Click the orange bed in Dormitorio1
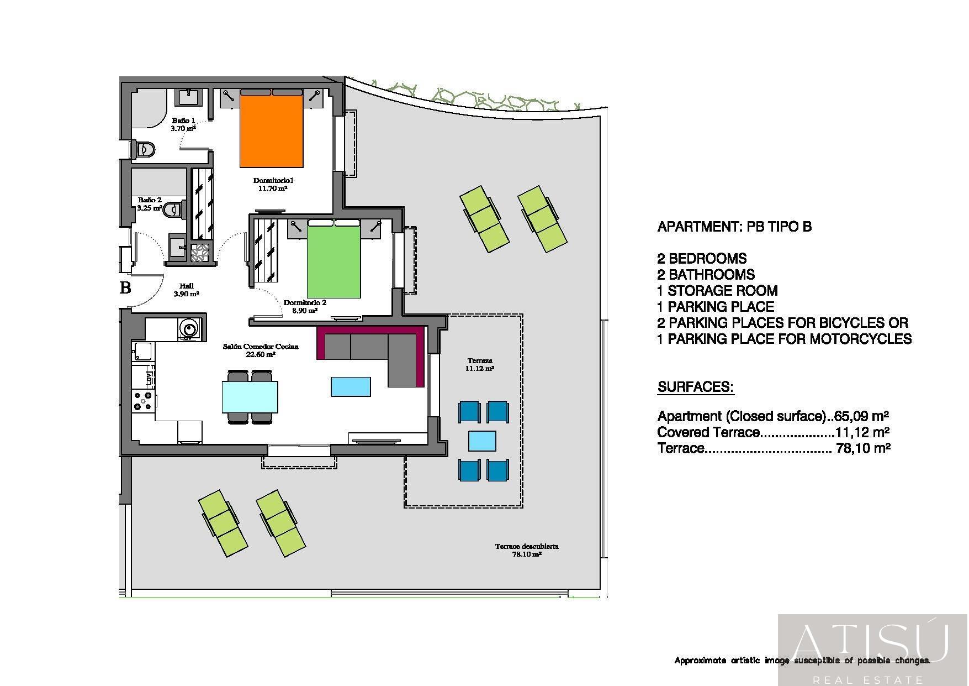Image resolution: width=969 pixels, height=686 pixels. [271, 132]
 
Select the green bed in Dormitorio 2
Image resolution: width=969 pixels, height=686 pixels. [333, 262]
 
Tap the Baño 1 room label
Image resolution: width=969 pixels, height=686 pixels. [183, 124]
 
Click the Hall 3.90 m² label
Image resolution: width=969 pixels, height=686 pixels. [186, 290]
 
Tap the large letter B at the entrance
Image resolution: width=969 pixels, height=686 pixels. [126, 288]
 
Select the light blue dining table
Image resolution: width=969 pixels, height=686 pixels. [250, 397]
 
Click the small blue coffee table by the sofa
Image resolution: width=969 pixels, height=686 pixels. [351, 386]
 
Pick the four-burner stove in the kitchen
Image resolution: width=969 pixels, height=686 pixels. [143, 401]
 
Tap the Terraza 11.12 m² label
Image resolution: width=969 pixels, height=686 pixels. [479, 364]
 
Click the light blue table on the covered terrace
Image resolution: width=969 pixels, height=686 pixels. [482, 441]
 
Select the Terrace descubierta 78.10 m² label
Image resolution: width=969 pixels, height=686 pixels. [526, 549]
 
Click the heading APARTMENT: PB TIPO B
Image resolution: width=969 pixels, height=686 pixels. [734, 227]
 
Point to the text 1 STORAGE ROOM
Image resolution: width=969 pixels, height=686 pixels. [717, 291]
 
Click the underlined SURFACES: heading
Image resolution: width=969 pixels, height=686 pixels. [695, 387]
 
